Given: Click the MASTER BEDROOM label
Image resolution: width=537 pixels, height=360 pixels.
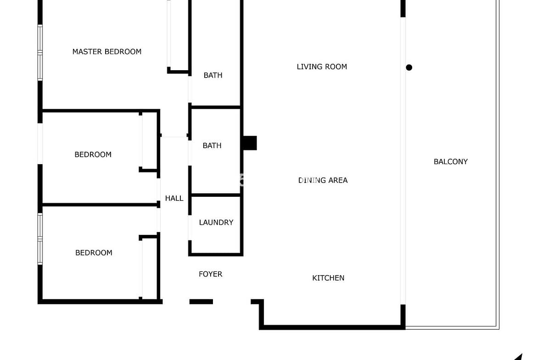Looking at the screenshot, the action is [x=107, y=52].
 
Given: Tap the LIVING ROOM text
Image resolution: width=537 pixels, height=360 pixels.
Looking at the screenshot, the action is [x=322, y=67].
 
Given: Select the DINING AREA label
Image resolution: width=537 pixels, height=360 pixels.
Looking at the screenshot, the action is [x=323, y=180].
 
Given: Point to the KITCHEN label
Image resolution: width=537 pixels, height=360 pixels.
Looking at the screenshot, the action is [x=329, y=278].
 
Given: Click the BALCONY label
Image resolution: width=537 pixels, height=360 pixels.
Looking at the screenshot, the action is [x=451, y=161].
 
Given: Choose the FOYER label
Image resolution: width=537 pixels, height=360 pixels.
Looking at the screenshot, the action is [x=211, y=274].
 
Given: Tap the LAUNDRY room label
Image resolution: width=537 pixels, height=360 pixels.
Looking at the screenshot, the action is [x=216, y=222].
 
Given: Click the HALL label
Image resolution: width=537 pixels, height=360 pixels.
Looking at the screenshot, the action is [x=174, y=198].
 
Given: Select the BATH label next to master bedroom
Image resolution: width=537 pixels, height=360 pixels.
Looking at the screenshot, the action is [x=213, y=75].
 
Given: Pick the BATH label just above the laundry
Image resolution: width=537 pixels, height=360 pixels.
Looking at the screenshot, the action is [x=212, y=146].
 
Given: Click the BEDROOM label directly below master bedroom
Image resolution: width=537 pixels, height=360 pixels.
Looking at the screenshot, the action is [x=93, y=155].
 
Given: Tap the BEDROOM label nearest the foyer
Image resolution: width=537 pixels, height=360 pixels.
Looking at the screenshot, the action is [x=94, y=253].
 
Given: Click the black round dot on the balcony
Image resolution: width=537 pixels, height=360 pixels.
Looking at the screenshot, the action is [x=409, y=67].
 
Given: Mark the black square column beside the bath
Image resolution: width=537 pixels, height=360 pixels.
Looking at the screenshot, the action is [x=250, y=143].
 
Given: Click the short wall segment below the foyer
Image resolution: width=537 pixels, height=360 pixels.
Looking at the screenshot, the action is [x=201, y=301].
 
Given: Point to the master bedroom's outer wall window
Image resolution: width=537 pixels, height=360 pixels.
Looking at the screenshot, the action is [x=40, y=53].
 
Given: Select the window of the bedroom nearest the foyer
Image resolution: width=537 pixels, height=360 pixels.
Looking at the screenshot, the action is [x=40, y=239].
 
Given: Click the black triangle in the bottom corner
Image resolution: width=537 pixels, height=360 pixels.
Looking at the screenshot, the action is [x=519, y=357].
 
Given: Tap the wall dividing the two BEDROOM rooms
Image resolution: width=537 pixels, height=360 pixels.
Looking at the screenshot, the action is [x=99, y=205].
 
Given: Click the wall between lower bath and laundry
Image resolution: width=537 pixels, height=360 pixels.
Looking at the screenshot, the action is [x=216, y=195].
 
